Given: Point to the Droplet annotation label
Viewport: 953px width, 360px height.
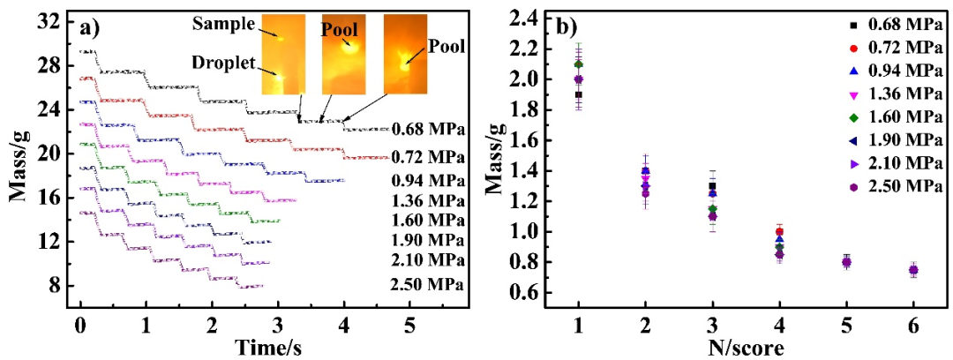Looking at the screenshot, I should click(x=223, y=64).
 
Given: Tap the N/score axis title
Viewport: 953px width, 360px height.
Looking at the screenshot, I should click(x=745, y=347).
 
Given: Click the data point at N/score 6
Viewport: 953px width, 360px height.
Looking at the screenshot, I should click(x=913, y=270).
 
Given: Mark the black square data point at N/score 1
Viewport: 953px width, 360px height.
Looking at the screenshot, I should click(x=578, y=94).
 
